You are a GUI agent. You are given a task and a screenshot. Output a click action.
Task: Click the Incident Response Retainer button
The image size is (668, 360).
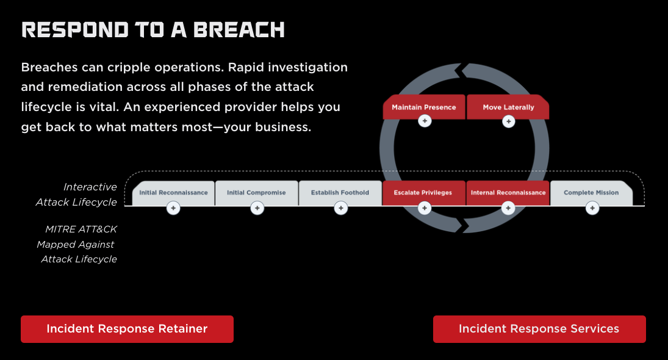[x=127, y=329]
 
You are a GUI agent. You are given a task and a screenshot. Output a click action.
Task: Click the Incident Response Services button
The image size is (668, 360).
[x=539, y=329]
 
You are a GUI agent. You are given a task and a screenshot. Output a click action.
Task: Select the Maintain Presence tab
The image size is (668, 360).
[x=424, y=107]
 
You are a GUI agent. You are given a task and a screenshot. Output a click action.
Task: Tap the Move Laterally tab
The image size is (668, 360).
[x=508, y=107]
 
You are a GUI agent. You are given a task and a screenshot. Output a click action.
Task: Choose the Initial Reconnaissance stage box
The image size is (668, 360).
[x=173, y=192]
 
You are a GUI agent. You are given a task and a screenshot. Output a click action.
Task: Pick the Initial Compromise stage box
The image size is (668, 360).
[x=256, y=192]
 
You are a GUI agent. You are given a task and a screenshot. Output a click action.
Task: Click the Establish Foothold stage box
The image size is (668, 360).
[x=340, y=192]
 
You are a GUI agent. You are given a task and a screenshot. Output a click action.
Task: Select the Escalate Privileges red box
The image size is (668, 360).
[x=423, y=192]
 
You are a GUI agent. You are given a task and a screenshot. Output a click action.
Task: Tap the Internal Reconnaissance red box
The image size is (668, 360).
[x=508, y=192]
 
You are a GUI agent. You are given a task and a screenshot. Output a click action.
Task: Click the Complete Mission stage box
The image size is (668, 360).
[x=591, y=192]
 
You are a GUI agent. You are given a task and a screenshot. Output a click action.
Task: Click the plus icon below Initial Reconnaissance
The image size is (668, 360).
[x=173, y=209]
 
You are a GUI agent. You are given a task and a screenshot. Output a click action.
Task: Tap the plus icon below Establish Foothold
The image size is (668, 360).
[x=341, y=209]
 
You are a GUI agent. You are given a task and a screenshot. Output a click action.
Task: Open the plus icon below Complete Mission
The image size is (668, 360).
[x=592, y=209]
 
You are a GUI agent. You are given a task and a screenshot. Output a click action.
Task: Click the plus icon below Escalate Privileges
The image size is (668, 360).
[x=425, y=209]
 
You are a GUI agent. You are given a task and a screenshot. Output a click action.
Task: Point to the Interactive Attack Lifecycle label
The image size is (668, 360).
[x=76, y=195]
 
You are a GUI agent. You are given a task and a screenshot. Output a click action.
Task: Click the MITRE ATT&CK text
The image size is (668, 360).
[x=81, y=229]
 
